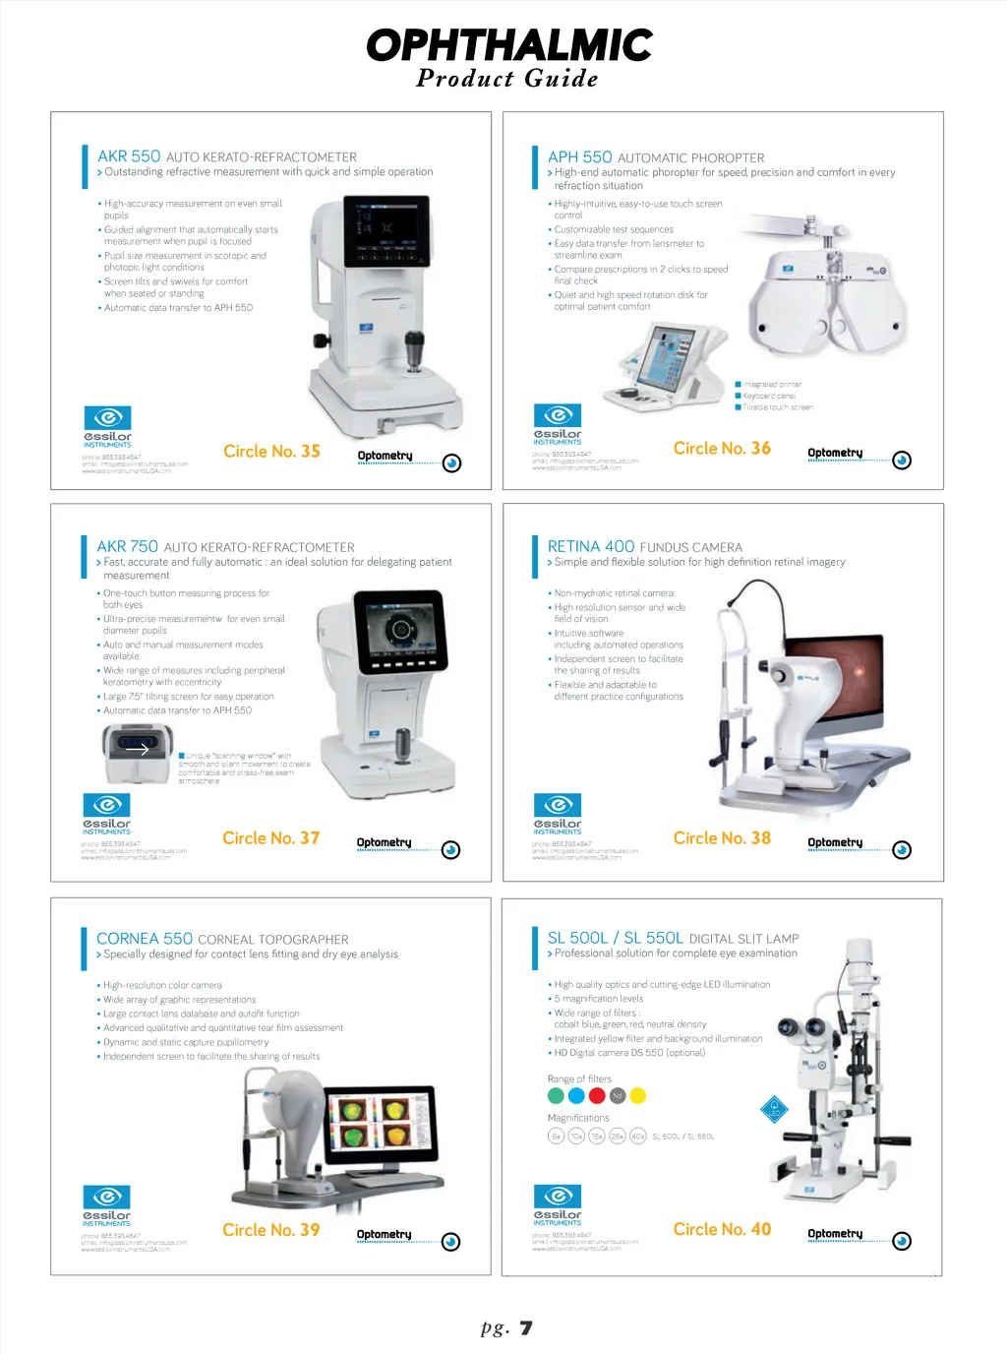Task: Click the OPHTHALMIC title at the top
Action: point(508,45)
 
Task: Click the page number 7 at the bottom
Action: point(526,1327)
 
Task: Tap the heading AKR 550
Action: point(129,156)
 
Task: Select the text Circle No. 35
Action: point(271,451)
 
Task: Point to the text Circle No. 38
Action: point(722,838)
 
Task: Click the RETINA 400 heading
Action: point(591,546)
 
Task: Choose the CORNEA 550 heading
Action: point(145,939)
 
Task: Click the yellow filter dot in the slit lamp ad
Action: point(637,1095)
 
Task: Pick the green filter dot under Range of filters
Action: point(556,1095)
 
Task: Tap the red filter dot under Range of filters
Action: point(597,1095)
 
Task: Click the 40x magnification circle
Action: point(637,1136)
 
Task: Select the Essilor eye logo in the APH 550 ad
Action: point(558,414)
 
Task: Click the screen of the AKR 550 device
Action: point(386,231)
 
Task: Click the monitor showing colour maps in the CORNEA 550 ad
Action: point(380,1123)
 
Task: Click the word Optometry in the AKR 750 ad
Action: point(384,842)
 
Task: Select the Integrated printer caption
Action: point(772,385)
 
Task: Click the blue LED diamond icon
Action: point(775,1109)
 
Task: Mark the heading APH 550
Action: point(579,157)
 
